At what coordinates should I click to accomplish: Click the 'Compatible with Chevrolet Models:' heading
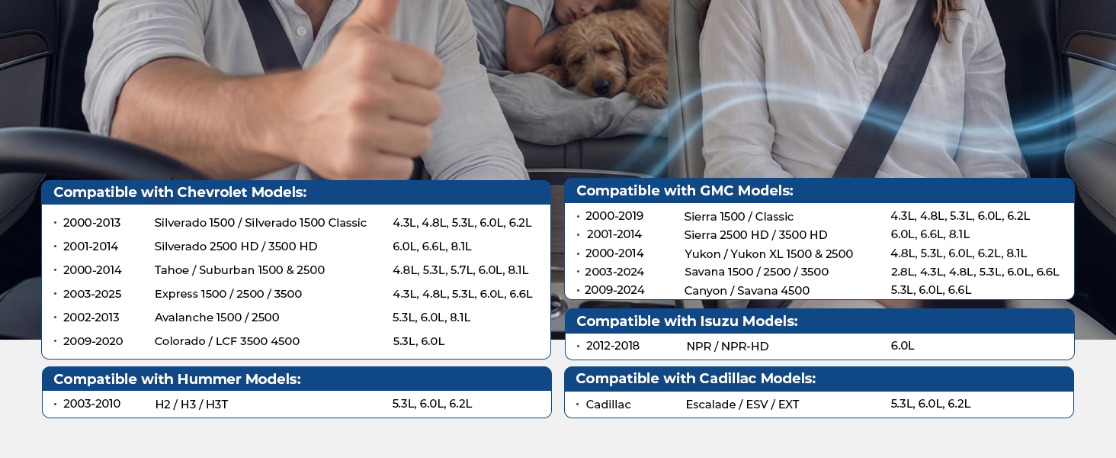180,192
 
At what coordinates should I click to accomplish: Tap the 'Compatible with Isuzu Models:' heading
687,321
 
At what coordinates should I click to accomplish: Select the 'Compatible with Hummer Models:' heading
177,379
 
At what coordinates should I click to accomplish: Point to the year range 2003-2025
92,294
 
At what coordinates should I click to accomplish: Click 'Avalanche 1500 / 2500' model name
216,318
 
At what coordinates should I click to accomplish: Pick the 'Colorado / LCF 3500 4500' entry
226,341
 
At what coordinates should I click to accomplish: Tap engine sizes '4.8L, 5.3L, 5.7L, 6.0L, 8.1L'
460,270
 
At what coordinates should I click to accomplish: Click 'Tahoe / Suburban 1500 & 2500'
239,270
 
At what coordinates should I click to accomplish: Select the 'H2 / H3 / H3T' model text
191,404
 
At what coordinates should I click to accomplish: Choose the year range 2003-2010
91,404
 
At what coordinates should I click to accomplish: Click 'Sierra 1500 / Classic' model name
739,217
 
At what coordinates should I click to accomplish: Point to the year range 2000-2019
614,216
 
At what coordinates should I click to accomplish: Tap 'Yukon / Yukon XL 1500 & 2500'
768,254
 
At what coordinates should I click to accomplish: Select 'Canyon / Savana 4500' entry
747,290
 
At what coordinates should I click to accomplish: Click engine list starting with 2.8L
974,272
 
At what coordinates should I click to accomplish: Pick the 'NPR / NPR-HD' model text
727,347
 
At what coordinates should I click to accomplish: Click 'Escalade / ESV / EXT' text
742,404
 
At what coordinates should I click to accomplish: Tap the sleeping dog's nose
601,87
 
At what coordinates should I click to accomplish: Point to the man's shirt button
301,31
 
